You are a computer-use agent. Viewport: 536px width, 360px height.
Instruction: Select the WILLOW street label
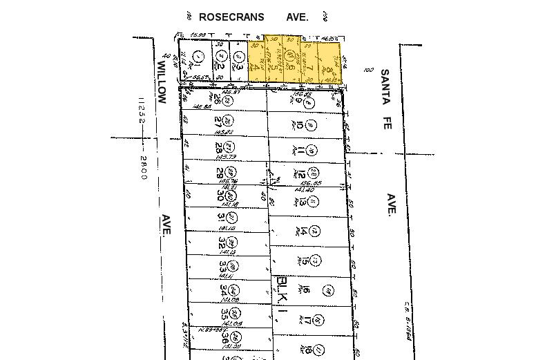coord(162,82)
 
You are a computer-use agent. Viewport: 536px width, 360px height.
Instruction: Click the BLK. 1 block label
coord(282,294)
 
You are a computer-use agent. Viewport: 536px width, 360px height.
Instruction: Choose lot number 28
coord(219,148)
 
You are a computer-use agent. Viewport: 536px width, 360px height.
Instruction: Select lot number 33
coord(223,266)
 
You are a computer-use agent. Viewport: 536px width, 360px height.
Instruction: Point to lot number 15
coord(303,260)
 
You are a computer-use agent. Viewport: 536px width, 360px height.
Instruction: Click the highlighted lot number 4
coord(254,67)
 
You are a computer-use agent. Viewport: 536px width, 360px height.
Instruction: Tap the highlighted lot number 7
coord(310,68)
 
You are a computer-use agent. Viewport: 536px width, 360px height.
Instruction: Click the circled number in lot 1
coord(198,55)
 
